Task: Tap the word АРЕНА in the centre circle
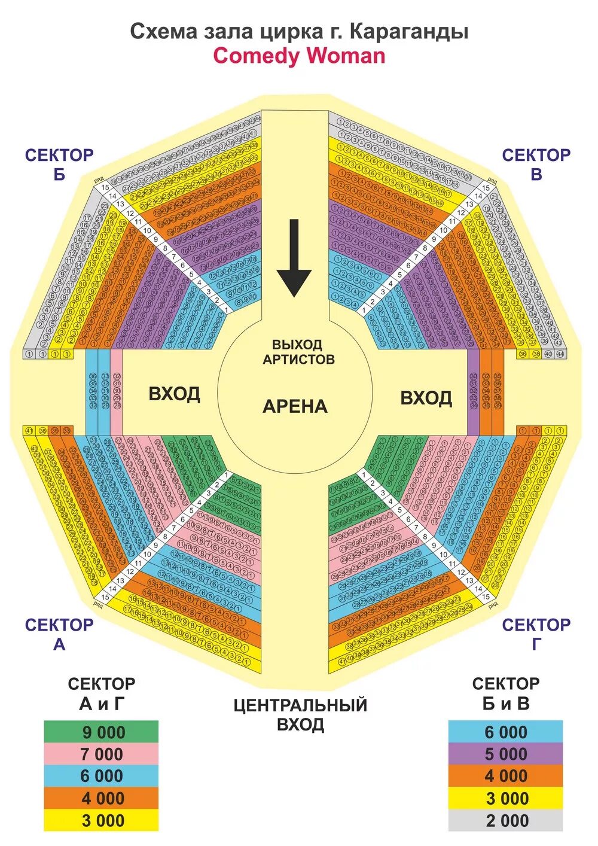click(x=295, y=407)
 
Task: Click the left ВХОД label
click(x=174, y=394)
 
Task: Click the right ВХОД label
click(x=426, y=398)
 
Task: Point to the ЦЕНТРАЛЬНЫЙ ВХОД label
click(x=300, y=714)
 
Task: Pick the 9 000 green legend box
click(x=101, y=732)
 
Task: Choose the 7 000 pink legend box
click(x=101, y=754)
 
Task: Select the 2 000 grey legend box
click(x=506, y=820)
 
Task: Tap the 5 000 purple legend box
click(x=506, y=754)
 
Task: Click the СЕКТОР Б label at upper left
click(x=59, y=165)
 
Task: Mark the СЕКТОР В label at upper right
click(x=536, y=165)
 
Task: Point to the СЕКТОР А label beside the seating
click(x=59, y=634)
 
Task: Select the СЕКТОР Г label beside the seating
click(x=536, y=634)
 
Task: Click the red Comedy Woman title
click(x=299, y=56)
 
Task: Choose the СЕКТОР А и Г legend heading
click(x=101, y=693)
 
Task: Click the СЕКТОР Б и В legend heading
click(x=506, y=693)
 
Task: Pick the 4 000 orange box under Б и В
click(x=506, y=776)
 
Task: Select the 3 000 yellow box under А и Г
click(x=101, y=820)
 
